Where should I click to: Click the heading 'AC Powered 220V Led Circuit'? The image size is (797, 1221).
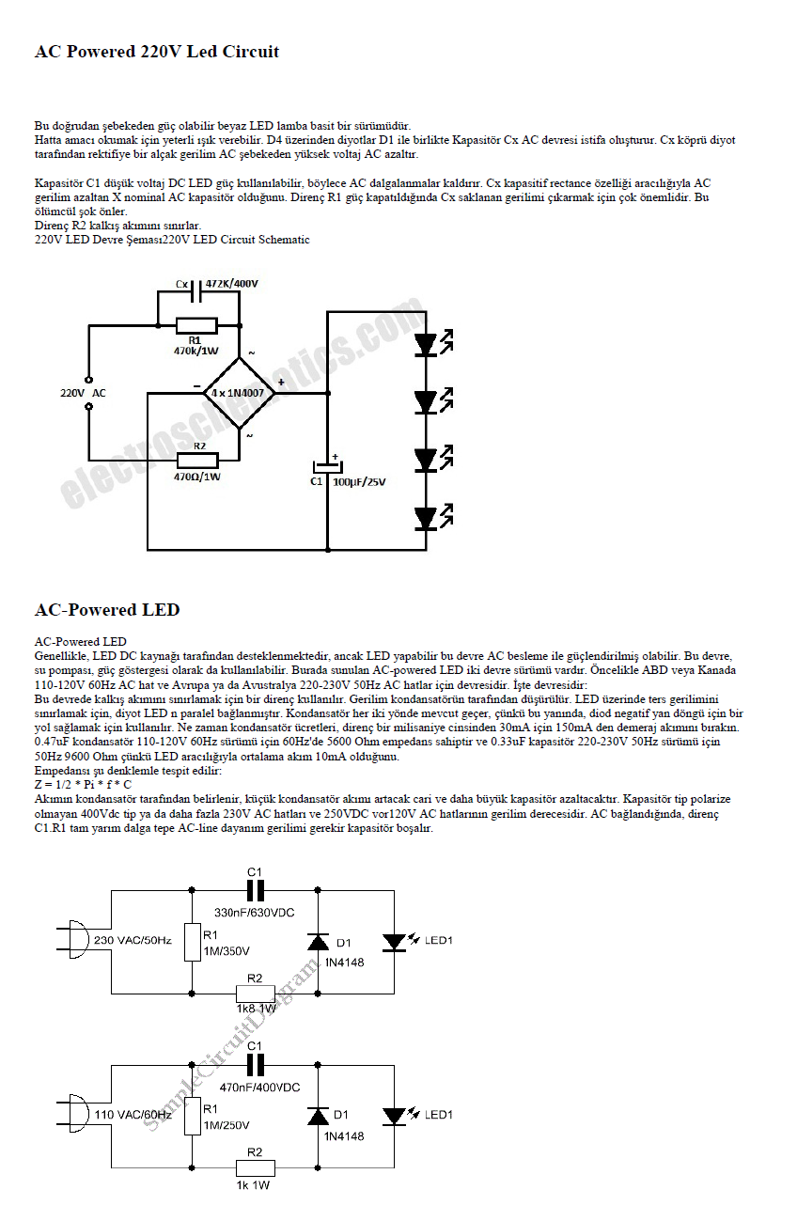click(x=156, y=52)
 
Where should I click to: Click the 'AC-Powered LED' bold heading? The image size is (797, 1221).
click(x=107, y=609)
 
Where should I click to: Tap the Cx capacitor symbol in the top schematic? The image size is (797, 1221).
click(x=196, y=291)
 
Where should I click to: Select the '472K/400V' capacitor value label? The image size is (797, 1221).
click(x=232, y=284)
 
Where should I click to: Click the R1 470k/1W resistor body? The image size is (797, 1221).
click(x=196, y=326)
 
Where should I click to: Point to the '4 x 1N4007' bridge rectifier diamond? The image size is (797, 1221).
click(x=239, y=393)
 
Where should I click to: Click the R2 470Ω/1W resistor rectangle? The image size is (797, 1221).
click(x=197, y=461)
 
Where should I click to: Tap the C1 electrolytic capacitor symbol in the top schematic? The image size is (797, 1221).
click(x=328, y=466)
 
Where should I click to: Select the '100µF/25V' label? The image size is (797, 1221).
click(x=359, y=482)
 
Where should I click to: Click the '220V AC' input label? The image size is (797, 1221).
click(x=83, y=393)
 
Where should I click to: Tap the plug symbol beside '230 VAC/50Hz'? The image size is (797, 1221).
click(x=73, y=940)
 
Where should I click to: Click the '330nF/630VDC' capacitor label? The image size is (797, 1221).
click(x=254, y=912)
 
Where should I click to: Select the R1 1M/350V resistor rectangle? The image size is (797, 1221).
click(x=192, y=942)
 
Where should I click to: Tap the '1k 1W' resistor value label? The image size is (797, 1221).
click(x=253, y=1185)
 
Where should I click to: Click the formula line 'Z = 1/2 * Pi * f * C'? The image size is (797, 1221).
click(x=83, y=784)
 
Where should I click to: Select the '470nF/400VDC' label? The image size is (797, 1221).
click(x=259, y=1087)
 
